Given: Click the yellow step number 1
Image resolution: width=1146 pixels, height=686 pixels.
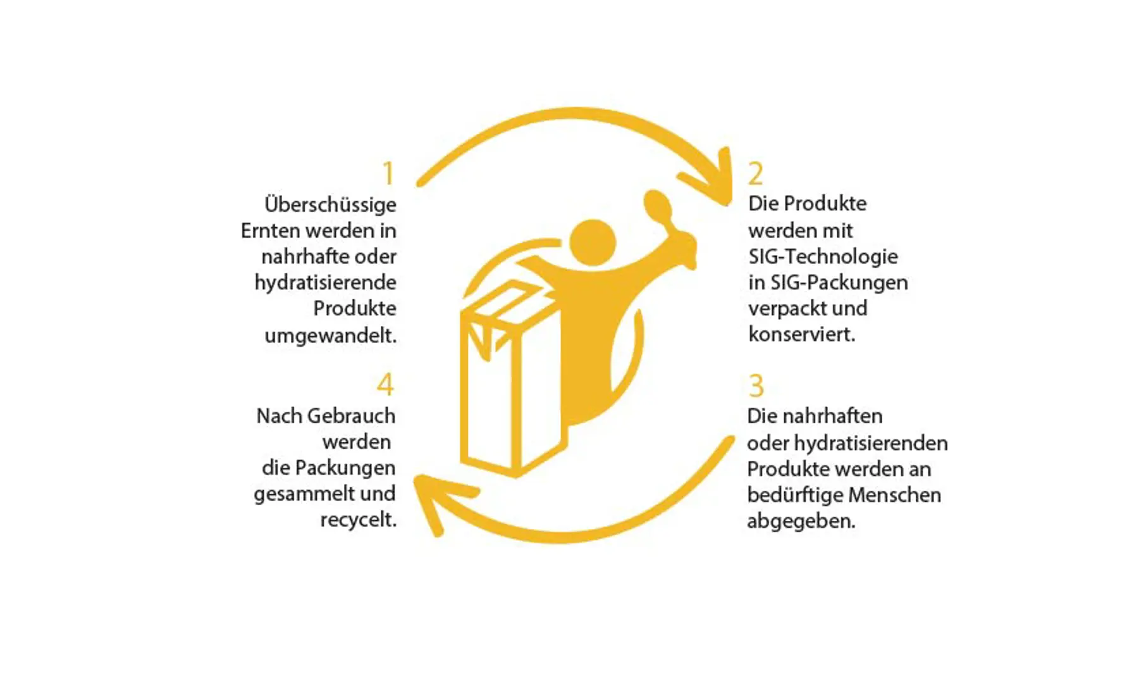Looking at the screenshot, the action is [x=389, y=173].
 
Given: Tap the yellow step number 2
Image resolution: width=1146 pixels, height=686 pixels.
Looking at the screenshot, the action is [x=756, y=173].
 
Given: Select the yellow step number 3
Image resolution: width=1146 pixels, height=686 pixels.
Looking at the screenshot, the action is [x=756, y=385].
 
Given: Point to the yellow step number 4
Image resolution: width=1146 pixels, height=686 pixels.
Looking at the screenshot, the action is [x=385, y=384].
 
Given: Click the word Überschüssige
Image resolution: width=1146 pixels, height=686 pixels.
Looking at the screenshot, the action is [x=330, y=205].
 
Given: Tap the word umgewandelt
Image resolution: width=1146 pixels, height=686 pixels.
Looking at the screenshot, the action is [x=331, y=335].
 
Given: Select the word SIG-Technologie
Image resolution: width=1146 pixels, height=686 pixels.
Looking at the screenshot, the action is [x=823, y=256].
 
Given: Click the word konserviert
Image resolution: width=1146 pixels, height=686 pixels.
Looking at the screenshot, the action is [x=802, y=334].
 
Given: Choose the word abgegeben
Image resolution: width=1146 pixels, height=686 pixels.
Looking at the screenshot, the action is [x=801, y=521].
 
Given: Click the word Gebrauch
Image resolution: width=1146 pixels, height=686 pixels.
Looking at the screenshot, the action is [x=351, y=416].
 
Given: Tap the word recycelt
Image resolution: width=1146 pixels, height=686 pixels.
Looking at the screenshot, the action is [x=359, y=520].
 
